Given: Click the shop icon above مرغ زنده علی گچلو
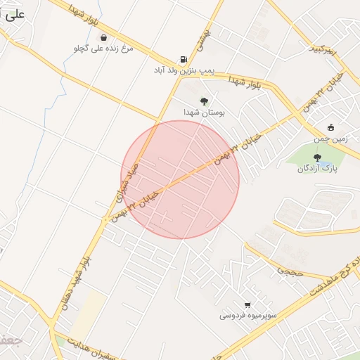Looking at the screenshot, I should pos(104,38).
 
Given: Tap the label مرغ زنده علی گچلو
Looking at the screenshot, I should pos(104,49).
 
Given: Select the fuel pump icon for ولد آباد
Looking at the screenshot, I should pos(184,60).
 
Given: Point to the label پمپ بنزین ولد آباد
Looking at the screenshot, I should pos(184,71).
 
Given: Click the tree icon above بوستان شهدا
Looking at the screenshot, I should pos(204,101).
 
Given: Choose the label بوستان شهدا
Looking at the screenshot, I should pos(203,112).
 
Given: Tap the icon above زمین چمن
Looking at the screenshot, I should pos(330,128).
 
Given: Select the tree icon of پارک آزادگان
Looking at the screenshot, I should pos(317,157).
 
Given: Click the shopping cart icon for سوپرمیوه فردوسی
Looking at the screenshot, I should pos(247,305).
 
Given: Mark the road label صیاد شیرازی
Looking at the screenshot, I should pos(127,186).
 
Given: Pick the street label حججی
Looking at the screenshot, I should pos(288,268).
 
